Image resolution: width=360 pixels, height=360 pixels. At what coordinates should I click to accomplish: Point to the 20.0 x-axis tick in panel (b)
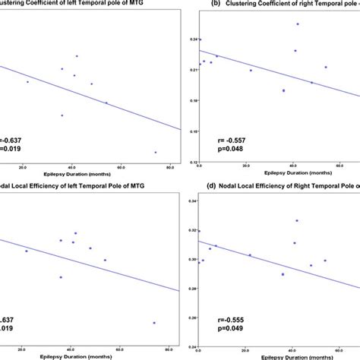[248, 166]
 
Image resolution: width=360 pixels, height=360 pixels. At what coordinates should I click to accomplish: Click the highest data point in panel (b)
[297, 24]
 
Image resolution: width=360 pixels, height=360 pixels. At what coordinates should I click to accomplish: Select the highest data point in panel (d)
[297, 220]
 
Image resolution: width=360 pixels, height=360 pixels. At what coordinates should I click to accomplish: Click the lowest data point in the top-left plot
[155, 152]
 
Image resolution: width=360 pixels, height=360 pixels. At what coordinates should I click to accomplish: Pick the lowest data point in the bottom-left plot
[154, 323]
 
